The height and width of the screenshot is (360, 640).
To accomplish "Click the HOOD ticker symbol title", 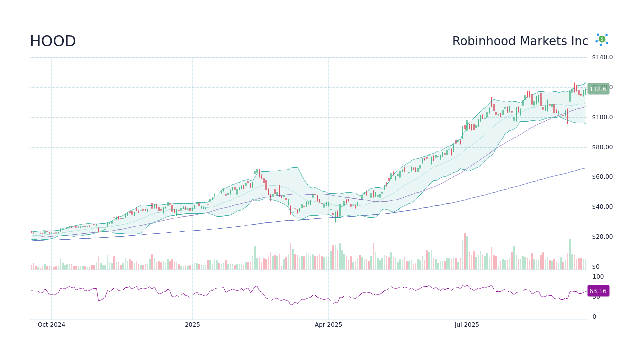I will pos(53,41).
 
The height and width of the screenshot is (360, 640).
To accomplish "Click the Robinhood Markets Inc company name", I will pos(520,41).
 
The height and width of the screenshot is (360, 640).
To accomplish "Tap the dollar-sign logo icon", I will pos(602,40).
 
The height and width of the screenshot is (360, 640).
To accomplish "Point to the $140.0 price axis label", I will pos(602,57).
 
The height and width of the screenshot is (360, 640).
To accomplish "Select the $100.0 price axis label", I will pos(602,117).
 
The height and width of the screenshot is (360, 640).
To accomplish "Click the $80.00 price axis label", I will pos(602,147).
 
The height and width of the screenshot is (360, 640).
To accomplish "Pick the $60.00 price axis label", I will pos(602,177).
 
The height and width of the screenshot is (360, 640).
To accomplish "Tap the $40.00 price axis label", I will pos(602,207).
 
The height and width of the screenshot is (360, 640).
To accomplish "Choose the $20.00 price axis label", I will pos(602,237).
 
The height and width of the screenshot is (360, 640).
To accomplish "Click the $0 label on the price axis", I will pos(595,267).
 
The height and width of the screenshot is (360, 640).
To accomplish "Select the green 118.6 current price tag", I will pos(598,89).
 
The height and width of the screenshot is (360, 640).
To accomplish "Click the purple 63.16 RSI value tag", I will pos(598,291).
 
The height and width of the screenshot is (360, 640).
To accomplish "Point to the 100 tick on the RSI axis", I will pos(598,277).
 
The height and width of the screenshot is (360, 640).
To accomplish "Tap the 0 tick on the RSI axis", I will pos(594,317).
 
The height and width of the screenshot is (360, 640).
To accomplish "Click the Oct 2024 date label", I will pos(51,325).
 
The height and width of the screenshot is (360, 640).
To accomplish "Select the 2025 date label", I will pos(192,325).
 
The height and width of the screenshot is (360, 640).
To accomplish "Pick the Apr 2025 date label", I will pos(328,325).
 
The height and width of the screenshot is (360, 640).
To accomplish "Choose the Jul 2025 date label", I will pos(467,325).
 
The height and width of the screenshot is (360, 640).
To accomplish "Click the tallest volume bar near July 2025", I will pos(465,251).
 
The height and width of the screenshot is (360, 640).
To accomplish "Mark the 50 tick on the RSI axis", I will pos(596,297).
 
